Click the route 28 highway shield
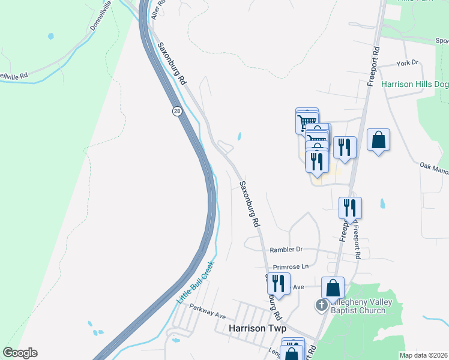176,112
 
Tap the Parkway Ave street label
207,311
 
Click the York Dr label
407,63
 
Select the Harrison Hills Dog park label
415,85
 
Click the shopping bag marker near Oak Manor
378,140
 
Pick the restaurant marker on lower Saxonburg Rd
279,283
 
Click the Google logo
19,353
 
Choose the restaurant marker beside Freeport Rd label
350,208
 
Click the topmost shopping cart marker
307,120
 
